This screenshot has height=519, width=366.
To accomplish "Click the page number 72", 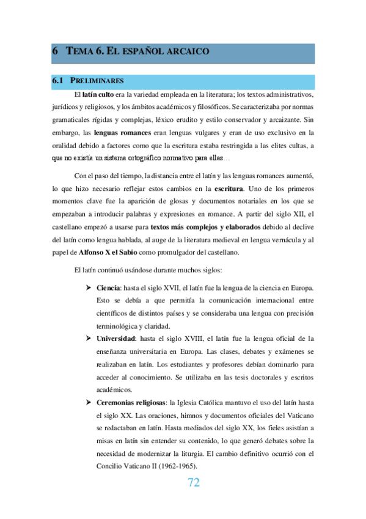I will point(193,483).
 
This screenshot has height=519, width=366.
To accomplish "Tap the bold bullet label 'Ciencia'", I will point(108,270).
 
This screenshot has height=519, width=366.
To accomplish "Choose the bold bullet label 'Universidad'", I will point(117,337).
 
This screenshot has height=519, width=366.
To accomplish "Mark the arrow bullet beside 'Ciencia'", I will point(89,270).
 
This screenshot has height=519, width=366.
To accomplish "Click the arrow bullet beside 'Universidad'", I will point(89,337).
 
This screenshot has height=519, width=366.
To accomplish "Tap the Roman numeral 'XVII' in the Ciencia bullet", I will point(181,270).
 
